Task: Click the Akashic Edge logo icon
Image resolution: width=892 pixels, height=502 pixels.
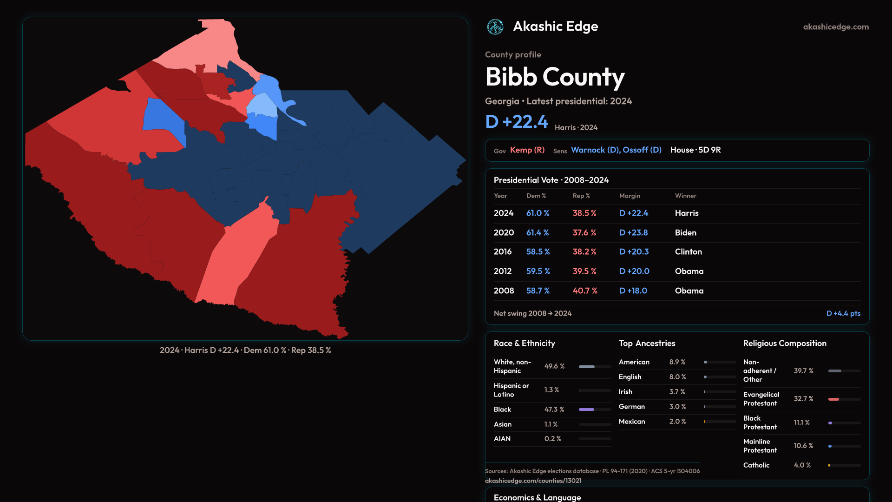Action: coord(495,27)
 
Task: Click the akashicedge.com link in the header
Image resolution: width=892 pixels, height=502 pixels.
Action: coord(835,27)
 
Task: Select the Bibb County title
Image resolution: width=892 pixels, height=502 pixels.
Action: coord(555,77)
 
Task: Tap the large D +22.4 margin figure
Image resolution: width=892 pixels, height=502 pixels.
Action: coord(517,122)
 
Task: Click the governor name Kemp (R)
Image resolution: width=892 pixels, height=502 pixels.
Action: coord(527,150)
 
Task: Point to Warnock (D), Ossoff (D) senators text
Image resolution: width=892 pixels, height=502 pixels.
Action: coord(616,150)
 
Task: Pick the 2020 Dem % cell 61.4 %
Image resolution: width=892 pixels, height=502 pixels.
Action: coord(538,232)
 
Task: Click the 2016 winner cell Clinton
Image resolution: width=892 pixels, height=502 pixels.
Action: coord(688,252)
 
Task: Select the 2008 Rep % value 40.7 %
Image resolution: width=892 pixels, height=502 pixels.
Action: coord(585,291)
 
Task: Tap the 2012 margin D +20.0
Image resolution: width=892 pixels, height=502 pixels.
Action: coord(634,271)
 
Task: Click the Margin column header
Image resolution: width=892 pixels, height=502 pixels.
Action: coord(630,196)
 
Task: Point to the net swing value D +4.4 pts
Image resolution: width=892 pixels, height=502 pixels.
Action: coord(843,314)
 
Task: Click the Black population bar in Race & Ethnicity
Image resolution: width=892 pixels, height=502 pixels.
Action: coord(587,410)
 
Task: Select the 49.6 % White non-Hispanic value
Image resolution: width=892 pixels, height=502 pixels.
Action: coord(554,366)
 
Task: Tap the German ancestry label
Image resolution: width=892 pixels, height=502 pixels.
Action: coord(632,407)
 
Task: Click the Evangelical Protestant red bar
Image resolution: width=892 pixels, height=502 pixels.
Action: coord(834,399)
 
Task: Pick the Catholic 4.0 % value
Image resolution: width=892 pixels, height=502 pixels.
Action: coord(802,465)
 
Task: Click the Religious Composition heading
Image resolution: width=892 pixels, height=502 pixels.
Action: coord(785,343)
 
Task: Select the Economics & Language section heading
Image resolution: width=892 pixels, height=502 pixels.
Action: coord(537,497)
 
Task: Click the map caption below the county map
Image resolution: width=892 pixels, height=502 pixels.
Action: coord(245,350)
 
